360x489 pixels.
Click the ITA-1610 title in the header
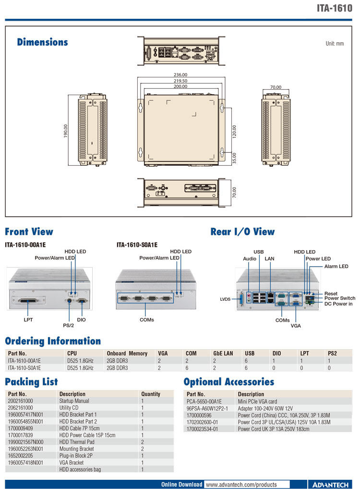pyautogui.click(x=334, y=8)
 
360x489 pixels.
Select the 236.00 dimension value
pyautogui.click(x=180, y=75)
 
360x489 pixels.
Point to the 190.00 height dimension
pyautogui.click(x=66, y=132)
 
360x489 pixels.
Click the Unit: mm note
pyautogui.click(x=335, y=44)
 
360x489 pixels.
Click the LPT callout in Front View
pyautogui.click(x=28, y=319)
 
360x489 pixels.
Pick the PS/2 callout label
pyautogui.click(x=69, y=325)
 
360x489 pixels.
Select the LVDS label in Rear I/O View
pyautogui.click(x=226, y=299)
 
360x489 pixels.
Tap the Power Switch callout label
pyautogui.click(x=340, y=298)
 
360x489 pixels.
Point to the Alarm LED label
pyautogui.click(x=336, y=266)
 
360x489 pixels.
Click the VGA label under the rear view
pyautogui.click(x=296, y=325)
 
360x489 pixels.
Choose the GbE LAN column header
pyautogui.click(x=223, y=354)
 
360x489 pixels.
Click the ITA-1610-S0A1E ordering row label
pyautogui.click(x=24, y=368)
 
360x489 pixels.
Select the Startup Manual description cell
pyautogui.click(x=74, y=401)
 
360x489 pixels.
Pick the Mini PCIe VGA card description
pyautogui.click(x=257, y=401)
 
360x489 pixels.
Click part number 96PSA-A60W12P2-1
pyautogui.click(x=207, y=408)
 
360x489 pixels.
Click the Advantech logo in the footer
pyautogui.click(x=330, y=484)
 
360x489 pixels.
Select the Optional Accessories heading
pyautogui.click(x=228, y=382)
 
